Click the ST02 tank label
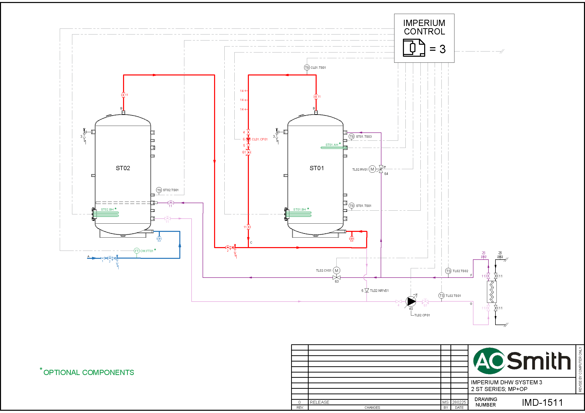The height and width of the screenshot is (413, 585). [123, 168]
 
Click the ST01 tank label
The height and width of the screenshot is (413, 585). [316, 168]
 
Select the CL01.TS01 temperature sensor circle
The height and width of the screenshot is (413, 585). [307, 67]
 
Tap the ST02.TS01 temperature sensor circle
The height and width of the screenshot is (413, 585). [159, 190]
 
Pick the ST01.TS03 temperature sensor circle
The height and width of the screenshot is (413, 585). [352, 137]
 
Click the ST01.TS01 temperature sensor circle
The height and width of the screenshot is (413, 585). [352, 206]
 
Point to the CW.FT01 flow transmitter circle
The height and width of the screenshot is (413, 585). [137, 251]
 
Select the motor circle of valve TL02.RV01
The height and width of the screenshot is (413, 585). [372, 169]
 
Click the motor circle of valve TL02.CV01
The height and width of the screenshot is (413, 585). [337, 271]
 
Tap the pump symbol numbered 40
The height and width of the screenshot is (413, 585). [411, 301]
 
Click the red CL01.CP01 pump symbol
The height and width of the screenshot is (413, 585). [248, 139]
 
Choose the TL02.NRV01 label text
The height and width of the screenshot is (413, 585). [379, 291]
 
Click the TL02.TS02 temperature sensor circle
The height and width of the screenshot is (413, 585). [448, 271]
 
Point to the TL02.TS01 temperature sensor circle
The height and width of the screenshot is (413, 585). [441, 295]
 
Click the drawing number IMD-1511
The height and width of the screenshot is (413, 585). [542, 402]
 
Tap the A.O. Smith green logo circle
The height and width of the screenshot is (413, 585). [489, 361]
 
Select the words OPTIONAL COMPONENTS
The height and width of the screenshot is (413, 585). [89, 372]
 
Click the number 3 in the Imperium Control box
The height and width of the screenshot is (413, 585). [443, 49]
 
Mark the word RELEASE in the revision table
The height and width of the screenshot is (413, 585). [319, 402]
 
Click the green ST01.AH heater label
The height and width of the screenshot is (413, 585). [332, 145]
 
